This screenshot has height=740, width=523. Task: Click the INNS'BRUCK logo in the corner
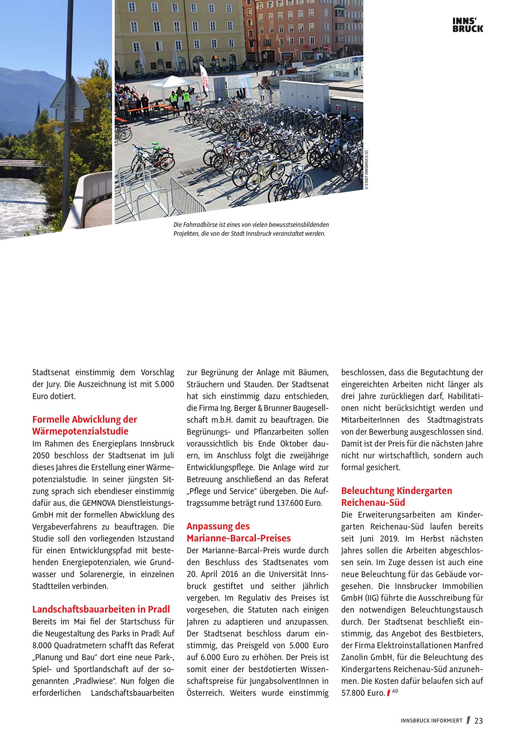(x=468, y=25)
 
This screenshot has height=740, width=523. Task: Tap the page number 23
(x=478, y=721)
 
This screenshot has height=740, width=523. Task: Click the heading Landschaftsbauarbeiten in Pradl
(x=101, y=609)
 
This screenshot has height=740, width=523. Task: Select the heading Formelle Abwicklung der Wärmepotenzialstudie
(x=85, y=425)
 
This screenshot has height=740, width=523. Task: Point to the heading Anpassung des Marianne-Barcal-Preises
(x=239, y=532)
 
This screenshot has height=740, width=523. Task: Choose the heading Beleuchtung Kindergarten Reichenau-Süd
(x=396, y=497)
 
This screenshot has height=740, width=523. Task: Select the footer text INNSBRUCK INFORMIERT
(x=431, y=721)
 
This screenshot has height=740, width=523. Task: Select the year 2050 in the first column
(x=41, y=456)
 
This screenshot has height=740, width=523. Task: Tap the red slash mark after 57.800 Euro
(x=388, y=693)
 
